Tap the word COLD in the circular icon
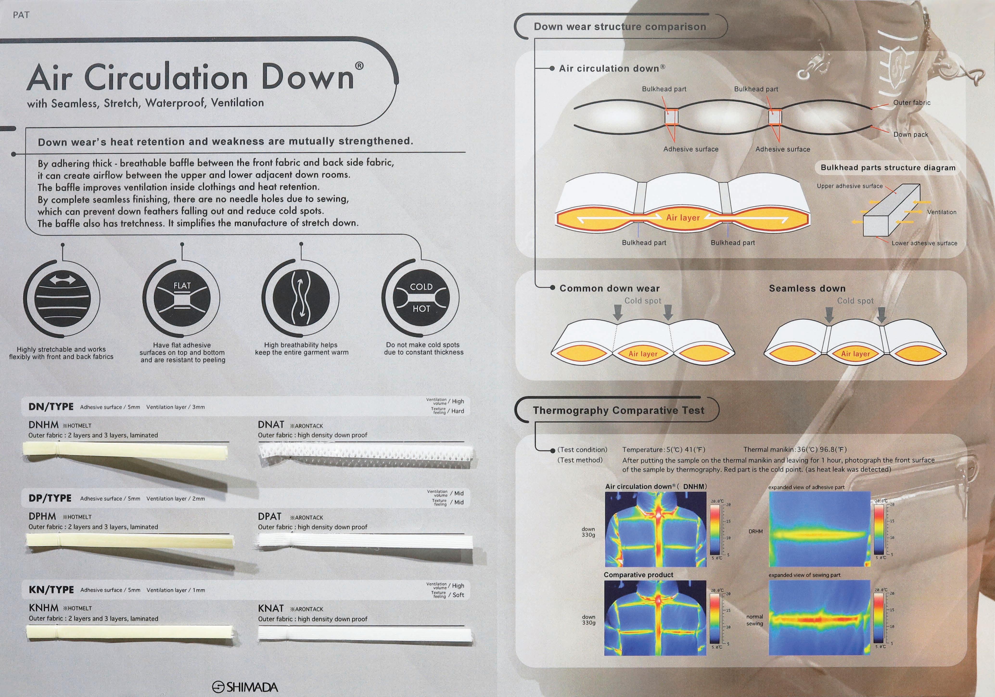coord(421,287)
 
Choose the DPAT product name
coord(269,517)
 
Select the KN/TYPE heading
coord(51,590)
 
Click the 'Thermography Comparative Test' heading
coord(619,411)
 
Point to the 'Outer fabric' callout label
coord(912,103)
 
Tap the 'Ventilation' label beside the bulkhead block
coord(942,212)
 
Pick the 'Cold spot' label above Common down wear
coord(643,301)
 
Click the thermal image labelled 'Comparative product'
coord(655,618)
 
